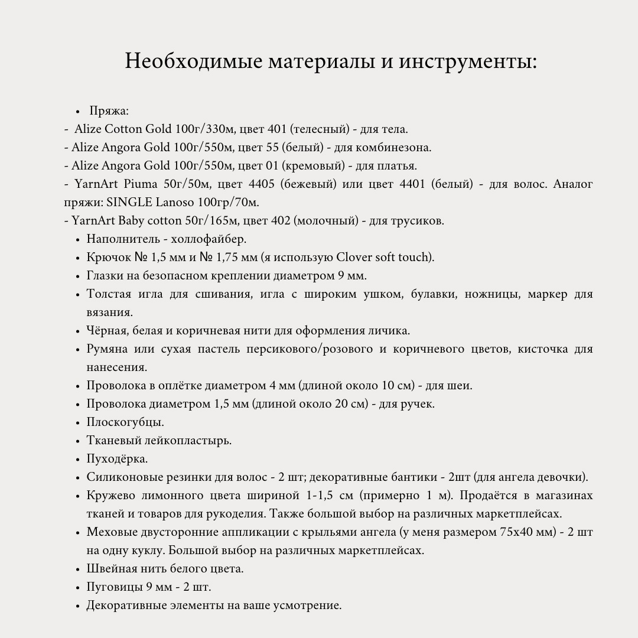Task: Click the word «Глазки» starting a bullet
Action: (105, 275)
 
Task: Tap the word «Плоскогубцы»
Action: (125, 422)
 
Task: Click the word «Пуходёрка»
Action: (117, 458)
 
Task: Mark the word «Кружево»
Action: (110, 495)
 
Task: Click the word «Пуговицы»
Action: (114, 587)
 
